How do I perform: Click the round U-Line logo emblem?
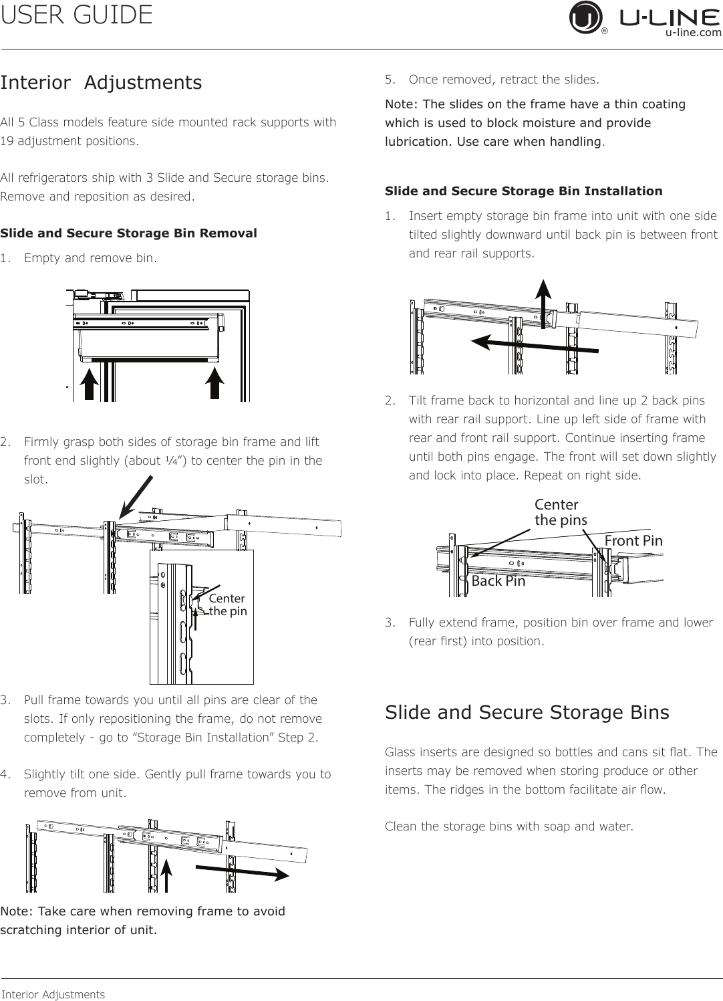585,17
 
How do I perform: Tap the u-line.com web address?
693,32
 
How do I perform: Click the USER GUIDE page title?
76,15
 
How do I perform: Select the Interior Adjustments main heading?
101,83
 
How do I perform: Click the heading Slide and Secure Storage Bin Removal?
128,233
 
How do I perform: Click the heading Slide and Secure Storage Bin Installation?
523,191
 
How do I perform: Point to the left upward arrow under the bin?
90,383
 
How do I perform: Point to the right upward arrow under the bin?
214,383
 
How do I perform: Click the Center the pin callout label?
228,604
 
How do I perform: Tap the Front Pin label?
633,541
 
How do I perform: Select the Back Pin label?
498,581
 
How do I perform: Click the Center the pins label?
561,512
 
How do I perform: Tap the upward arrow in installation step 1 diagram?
543,304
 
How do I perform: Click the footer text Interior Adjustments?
53,994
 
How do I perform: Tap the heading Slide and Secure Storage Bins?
527,712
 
